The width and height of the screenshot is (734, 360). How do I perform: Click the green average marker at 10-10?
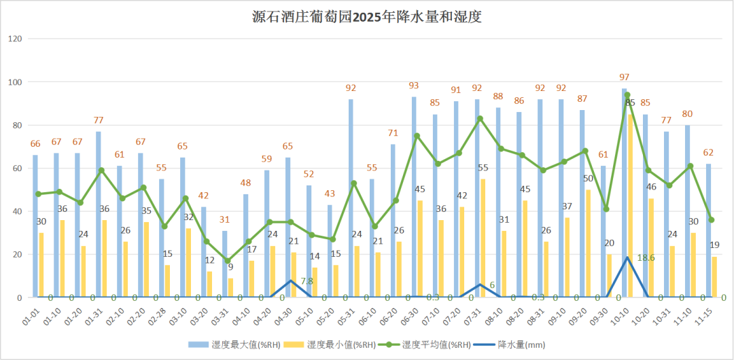[x=627, y=95]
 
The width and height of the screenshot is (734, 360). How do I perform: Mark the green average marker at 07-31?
[x=480, y=119]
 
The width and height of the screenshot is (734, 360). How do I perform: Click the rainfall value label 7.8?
[x=307, y=281]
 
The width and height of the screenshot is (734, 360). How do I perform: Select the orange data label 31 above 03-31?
[x=224, y=219]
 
